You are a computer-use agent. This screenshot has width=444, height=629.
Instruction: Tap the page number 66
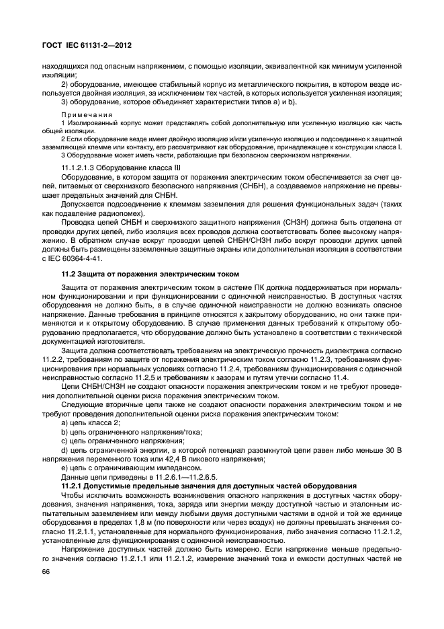(x=46, y=573)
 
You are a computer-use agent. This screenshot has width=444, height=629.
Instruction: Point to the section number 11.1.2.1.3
(x=80, y=166)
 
